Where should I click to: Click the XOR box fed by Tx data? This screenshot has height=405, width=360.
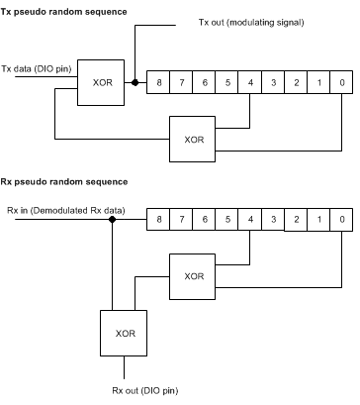(100, 83)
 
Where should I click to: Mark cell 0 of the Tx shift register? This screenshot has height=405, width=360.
(340, 84)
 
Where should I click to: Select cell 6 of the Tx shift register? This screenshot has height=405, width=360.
(206, 84)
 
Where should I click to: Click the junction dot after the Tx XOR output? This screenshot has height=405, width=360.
(134, 84)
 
